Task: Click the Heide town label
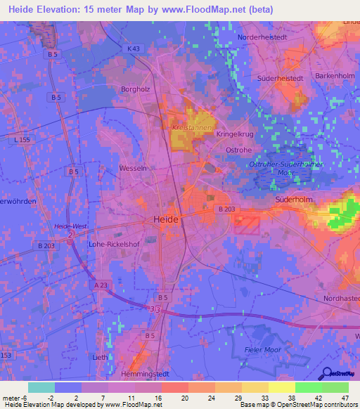pyautogui.click(x=166, y=220)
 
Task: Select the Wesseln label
pyautogui.click(x=133, y=169)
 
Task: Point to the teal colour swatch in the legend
pyautogui.click(x=41, y=387)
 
